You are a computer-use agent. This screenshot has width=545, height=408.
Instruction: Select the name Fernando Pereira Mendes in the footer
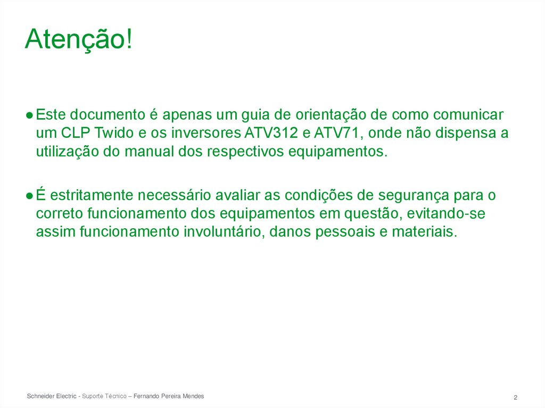point(169,396)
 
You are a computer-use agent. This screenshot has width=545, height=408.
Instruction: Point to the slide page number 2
point(516,398)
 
